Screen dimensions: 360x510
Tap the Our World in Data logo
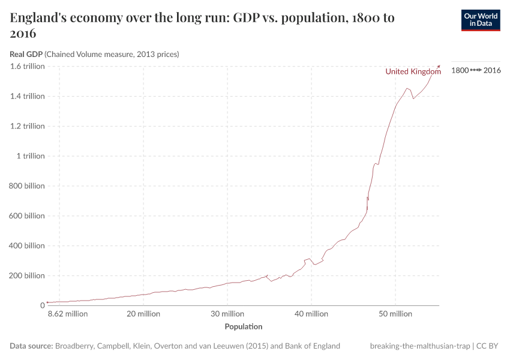point(480,20)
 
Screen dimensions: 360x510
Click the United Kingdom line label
point(413,71)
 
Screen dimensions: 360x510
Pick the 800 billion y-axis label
point(27,186)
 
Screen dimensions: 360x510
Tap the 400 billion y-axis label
point(27,245)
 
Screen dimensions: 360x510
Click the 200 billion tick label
point(27,275)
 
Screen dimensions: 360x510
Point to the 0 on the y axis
point(42,305)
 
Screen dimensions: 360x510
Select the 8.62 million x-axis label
point(68,314)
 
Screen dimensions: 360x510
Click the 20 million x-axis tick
point(143,314)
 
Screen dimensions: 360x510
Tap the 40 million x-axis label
point(311,314)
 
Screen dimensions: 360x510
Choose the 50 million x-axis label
point(395,314)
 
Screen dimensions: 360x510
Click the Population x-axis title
point(243,327)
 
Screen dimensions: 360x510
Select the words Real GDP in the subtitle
point(26,54)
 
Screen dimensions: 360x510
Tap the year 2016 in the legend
point(492,70)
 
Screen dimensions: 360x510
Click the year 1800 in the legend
point(459,70)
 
